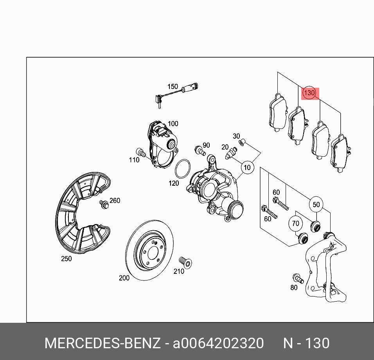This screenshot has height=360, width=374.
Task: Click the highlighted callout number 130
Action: (309, 92)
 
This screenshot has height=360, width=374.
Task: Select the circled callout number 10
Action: (247, 167)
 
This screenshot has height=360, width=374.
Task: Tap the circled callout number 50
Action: (316, 204)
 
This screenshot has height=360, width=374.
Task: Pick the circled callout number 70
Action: (295, 223)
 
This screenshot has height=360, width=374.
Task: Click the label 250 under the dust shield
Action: (66, 259)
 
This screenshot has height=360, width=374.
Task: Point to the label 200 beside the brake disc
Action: (124, 278)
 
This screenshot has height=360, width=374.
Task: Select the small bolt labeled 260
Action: (104, 204)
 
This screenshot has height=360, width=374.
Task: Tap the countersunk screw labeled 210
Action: (186, 262)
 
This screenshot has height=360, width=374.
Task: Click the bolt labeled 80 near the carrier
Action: (298, 278)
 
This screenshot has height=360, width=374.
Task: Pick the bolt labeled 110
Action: (141, 152)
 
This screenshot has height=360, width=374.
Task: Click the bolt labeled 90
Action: (200, 150)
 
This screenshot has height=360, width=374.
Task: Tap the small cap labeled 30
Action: (242, 142)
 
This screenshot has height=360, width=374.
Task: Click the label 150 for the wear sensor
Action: (173, 86)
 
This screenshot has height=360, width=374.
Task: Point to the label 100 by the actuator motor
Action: (173, 123)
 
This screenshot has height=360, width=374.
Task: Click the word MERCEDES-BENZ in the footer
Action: (102, 343)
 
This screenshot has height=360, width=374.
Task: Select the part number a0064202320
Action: (218, 343)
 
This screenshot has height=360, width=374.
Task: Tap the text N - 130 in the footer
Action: (306, 343)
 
